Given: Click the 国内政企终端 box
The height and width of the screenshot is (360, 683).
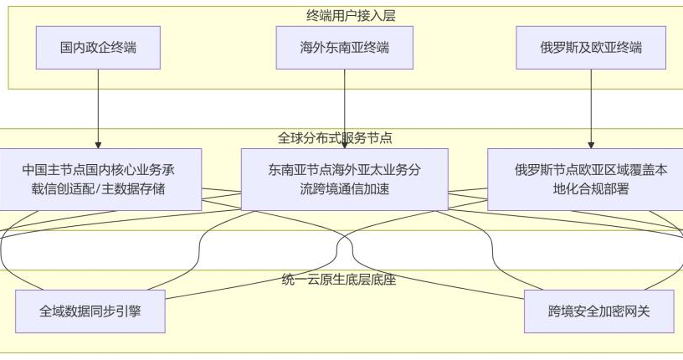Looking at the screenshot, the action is (x=98, y=48).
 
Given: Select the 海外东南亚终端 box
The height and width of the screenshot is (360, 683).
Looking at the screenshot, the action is (x=345, y=48).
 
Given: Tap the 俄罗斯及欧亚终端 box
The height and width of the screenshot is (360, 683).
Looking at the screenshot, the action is (x=591, y=48).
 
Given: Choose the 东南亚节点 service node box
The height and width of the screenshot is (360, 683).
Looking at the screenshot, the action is (x=345, y=179).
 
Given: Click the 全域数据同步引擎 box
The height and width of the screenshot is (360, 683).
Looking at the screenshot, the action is (x=90, y=311).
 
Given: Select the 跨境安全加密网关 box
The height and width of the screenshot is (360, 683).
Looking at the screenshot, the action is (x=599, y=311).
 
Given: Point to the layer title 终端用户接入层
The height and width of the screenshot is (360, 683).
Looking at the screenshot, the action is (x=351, y=16).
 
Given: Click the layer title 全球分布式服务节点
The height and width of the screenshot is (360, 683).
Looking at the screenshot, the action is (x=335, y=138).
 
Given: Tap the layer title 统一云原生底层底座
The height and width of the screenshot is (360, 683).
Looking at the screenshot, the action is (x=339, y=280).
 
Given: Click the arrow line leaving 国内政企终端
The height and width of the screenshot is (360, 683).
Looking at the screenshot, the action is (x=98, y=109).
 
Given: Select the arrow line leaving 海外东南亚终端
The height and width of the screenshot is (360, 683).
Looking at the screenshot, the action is (x=345, y=109).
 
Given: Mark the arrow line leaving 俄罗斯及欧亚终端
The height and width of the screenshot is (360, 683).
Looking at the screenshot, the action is (x=591, y=109).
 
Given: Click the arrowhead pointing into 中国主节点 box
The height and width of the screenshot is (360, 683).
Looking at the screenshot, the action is (x=98, y=146).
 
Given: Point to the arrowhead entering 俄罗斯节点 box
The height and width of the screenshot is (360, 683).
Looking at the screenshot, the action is (x=591, y=146).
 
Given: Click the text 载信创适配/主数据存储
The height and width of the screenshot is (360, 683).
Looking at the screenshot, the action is (x=98, y=189).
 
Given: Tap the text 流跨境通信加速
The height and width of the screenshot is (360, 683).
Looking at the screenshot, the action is (x=345, y=189).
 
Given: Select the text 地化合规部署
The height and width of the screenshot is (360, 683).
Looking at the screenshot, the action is (x=591, y=189).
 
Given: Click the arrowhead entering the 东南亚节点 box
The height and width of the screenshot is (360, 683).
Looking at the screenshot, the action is (x=345, y=146).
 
